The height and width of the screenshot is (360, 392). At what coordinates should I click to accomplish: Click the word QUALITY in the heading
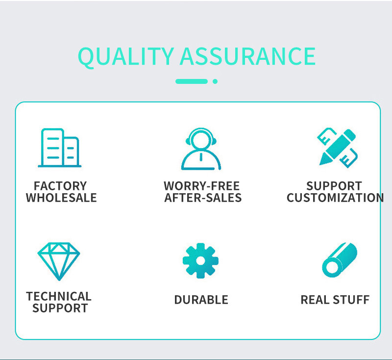(126, 57)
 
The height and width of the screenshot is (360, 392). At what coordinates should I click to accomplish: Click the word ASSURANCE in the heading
(248, 56)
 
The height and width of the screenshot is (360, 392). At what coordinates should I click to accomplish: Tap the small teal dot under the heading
(215, 81)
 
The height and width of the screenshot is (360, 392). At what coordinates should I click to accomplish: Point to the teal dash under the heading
(192, 81)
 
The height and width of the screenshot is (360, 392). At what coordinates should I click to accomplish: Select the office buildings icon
(59, 148)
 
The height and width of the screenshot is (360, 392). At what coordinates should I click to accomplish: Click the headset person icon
(201, 149)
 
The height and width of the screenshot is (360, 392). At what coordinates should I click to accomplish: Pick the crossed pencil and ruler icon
(338, 148)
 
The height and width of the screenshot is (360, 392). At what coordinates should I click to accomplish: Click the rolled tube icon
(340, 260)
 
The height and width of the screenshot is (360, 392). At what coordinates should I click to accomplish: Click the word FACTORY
(60, 186)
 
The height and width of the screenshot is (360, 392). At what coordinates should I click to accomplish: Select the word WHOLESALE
(61, 198)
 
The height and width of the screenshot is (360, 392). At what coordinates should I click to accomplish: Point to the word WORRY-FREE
(202, 186)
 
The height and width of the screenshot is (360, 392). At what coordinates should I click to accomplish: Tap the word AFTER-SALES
(203, 198)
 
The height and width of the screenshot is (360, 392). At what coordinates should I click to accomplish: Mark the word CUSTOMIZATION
(335, 198)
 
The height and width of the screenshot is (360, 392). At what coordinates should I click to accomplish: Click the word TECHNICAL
(59, 296)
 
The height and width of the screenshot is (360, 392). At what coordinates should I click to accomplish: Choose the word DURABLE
(201, 300)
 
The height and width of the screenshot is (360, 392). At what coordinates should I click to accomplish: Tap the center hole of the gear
(200, 260)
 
